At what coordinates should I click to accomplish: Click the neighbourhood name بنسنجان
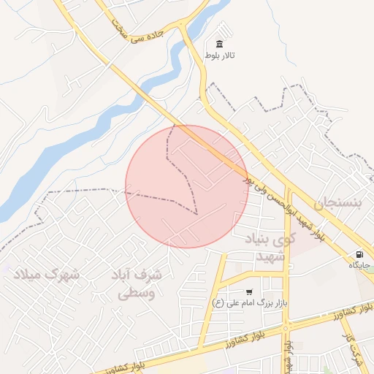coord(337,202)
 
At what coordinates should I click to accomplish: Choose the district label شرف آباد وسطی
coord(138,285)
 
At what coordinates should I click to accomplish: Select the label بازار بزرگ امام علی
coord(248,302)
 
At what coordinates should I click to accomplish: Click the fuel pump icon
coord(359,253)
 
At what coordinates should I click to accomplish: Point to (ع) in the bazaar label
coord(217,302)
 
